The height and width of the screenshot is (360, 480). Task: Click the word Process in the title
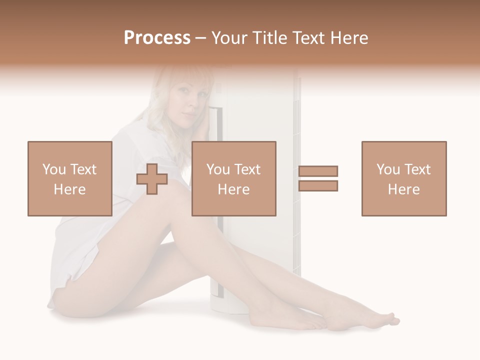click(157, 38)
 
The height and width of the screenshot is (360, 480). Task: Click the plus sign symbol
click(152, 179)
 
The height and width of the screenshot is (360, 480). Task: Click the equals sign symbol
click(318, 178)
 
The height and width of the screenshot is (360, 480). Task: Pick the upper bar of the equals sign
click(318, 171)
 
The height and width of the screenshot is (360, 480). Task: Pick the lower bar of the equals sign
click(318, 185)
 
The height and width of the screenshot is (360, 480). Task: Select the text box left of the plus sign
click(70, 178)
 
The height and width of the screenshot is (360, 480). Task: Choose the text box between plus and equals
click(233, 178)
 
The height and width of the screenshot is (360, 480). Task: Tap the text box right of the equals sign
click(403, 178)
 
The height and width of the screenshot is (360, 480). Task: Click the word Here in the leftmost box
click(69, 189)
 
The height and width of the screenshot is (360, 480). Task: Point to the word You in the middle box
click(218, 169)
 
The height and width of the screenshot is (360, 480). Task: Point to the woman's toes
click(390, 318)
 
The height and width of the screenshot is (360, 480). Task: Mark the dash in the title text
click(200, 38)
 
